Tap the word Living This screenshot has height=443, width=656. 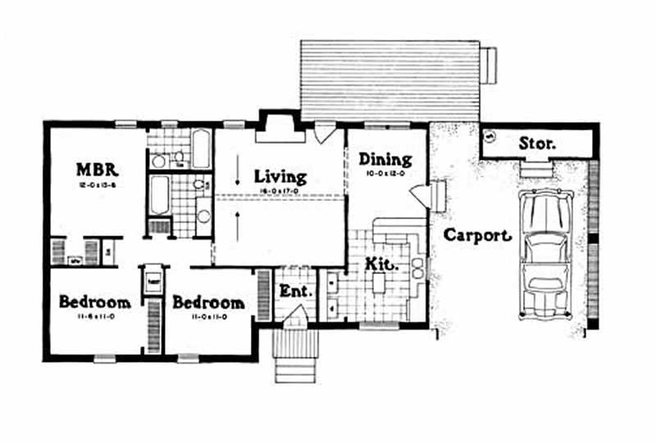[280, 176]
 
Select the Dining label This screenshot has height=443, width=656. [385, 160]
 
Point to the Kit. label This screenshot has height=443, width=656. [382, 265]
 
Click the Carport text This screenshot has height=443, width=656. [477, 235]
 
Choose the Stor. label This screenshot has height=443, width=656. [537, 144]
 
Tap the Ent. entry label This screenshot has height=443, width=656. [294, 290]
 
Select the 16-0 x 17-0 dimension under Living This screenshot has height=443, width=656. [280, 190]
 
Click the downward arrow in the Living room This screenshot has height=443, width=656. [238, 175]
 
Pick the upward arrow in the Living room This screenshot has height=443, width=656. [238, 218]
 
